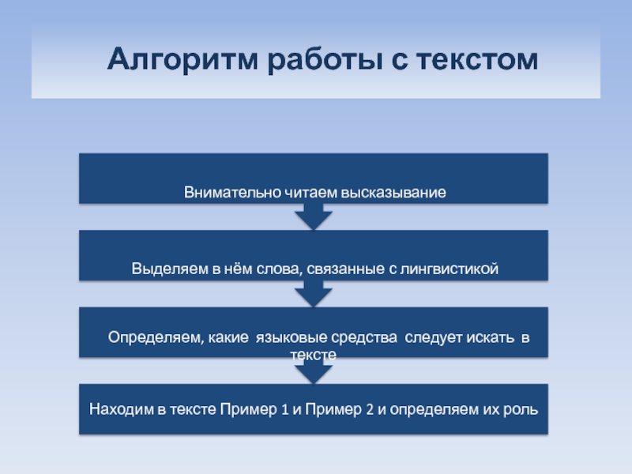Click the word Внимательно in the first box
coord(232,192)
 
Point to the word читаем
coord(310,192)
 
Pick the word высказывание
coord(393,193)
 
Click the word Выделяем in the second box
coord(170,269)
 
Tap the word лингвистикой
coord(449,269)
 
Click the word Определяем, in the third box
coord(156,337)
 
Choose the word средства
coord(364,338)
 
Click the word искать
coord(490,337)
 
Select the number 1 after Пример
coord(284,409)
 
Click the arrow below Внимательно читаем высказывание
coord(314,216)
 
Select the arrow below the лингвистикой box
coord(314,293)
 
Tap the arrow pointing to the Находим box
coord(314,371)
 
